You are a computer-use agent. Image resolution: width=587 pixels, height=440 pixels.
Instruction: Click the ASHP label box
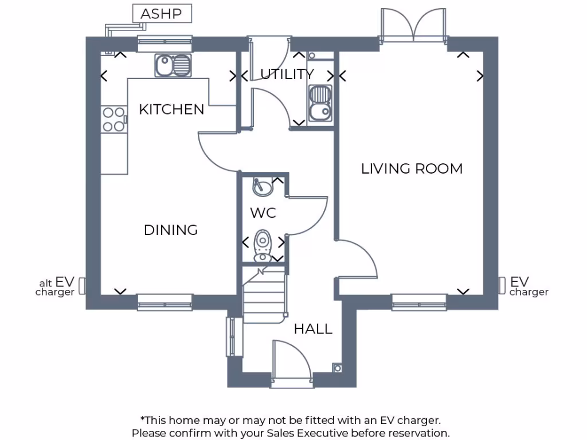pos(162,14)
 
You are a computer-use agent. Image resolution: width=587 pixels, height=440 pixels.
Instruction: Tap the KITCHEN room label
pos(171,109)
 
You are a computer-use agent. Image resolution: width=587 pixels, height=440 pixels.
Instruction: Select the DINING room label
pos(170,230)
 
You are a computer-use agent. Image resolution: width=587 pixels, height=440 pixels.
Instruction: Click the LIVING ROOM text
pos(412,168)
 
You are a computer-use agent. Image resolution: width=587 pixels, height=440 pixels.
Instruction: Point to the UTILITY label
pos(287,74)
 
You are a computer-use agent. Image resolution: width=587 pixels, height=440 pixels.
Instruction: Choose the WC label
pos(263,213)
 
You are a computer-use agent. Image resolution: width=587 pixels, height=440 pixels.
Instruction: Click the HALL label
pos(313,329)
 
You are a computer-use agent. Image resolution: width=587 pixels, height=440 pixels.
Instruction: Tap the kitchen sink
pos(173,65)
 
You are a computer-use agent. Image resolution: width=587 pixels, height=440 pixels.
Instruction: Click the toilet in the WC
pos(263,245)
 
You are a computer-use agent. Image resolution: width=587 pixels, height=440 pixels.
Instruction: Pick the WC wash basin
pos(263,186)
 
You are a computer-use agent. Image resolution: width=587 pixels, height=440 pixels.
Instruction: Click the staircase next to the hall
pos(264,297)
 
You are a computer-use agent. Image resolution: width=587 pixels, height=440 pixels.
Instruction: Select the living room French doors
pos(413,26)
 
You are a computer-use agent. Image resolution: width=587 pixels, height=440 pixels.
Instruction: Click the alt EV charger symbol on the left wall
pos(82,286)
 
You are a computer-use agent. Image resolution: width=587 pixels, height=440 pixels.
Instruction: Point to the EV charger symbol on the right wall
pos(502,285)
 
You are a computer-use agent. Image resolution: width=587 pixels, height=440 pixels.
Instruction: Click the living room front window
pos(419,302)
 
